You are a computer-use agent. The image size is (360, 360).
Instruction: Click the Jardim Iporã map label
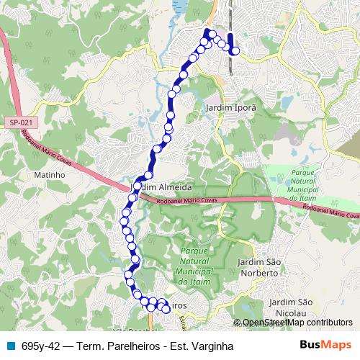click(230, 107)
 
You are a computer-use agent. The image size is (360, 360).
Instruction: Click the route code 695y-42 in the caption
click(40, 346)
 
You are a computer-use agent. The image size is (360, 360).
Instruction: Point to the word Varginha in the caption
click(213, 346)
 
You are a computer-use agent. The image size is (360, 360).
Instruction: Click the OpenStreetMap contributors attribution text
click(297, 323)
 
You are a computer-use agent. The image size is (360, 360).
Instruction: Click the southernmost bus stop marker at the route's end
click(166, 309)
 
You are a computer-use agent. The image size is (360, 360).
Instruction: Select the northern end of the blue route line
click(230, 35)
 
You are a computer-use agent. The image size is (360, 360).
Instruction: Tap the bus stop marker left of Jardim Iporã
click(172, 94)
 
